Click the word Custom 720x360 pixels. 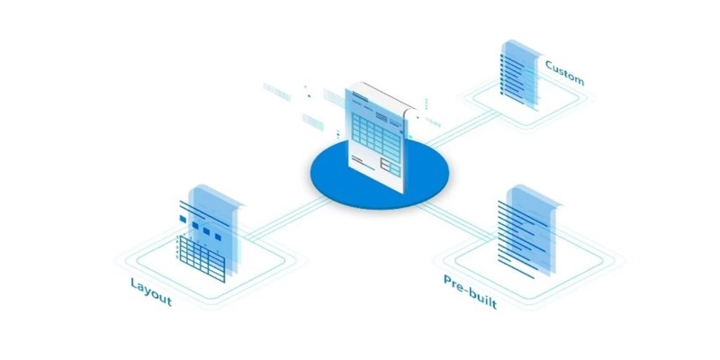coord(564,73)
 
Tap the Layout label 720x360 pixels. coord(151,292)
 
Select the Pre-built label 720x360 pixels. coord(470,292)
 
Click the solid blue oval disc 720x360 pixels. coord(379,174)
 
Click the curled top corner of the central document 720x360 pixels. coord(408,109)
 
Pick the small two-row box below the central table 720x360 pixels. coord(391,167)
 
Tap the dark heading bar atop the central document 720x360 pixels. coord(360,96)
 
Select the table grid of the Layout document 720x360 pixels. coord(202,259)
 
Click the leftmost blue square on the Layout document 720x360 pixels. coord(183,220)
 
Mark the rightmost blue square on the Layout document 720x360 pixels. coord(218,238)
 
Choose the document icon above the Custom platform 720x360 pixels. coord(520,76)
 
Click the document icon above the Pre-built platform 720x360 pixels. coord(528,231)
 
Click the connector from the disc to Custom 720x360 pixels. coord(462,129)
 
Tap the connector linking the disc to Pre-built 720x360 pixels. coord(458,221)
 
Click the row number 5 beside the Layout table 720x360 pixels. coord(176,257)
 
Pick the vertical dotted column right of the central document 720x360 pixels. coord(426,104)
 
